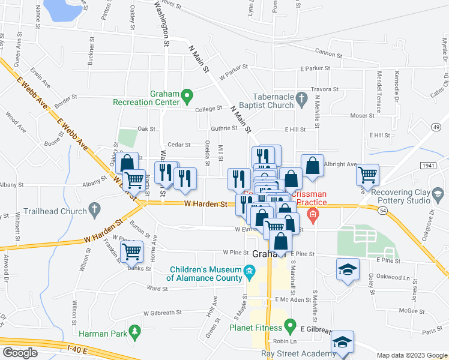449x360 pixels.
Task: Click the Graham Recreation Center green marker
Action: pyautogui.click(x=187, y=95)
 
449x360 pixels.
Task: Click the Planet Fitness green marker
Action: pyautogui.click(x=290, y=328)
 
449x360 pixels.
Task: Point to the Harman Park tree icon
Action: pyautogui.click(x=135, y=331)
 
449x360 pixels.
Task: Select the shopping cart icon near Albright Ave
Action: pyautogui.click(x=367, y=174)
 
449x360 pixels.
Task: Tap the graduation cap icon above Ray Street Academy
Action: pyautogui.click(x=342, y=341)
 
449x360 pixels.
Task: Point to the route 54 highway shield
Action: pyautogui.click(x=382, y=209)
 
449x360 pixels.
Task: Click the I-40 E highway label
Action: pyautogui.click(x=77, y=350)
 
